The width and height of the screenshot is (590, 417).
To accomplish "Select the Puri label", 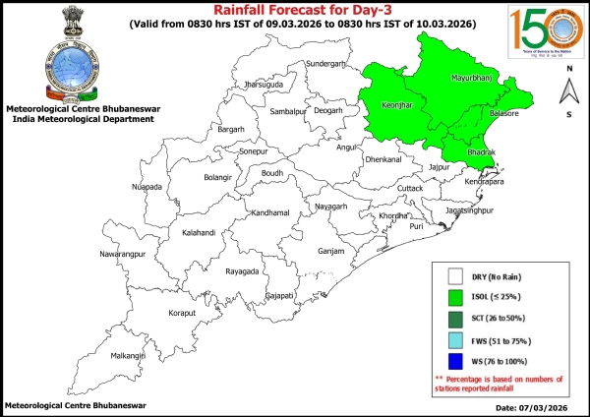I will coord(416,226).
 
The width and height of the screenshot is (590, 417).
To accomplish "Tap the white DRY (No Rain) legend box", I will coord(455,277).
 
